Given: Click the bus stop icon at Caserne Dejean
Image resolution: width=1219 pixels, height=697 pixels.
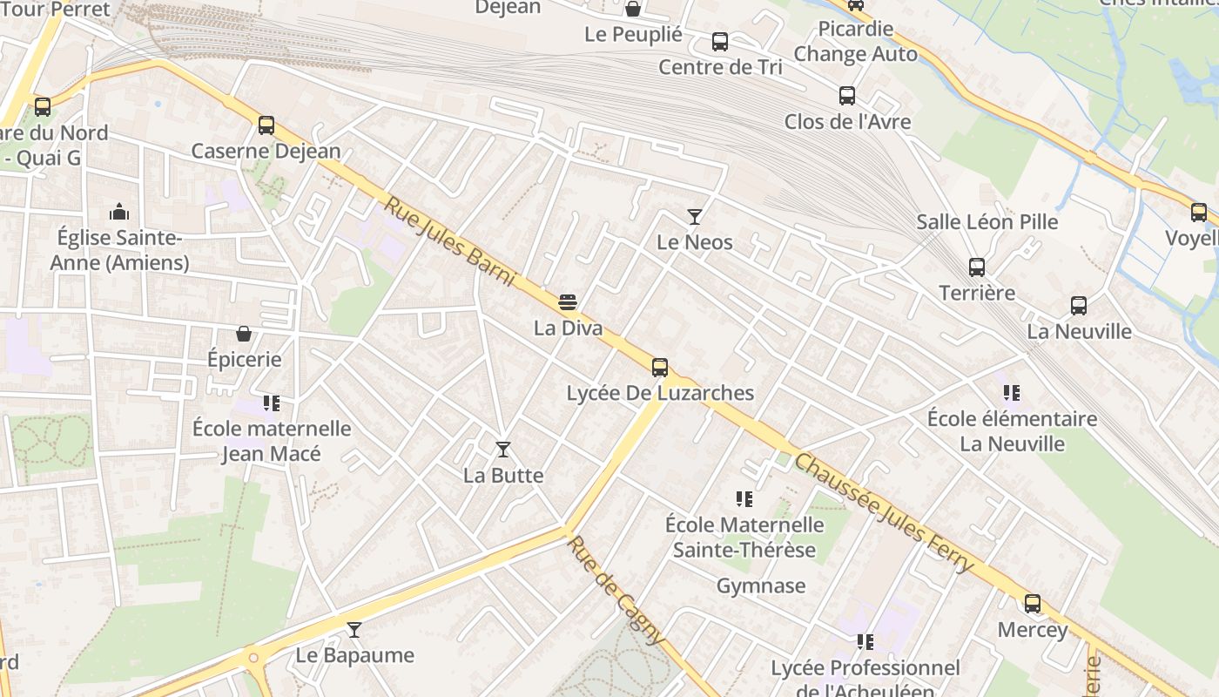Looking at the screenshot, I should coord(266,125).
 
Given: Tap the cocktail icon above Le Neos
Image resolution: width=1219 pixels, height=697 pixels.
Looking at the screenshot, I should coord(694,216).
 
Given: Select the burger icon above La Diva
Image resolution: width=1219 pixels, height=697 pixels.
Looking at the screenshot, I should coord(568,302).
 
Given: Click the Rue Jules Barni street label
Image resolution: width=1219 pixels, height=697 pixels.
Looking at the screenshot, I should coord(450,243).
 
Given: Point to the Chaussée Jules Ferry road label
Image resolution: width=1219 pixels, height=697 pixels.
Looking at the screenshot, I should coord(884,513).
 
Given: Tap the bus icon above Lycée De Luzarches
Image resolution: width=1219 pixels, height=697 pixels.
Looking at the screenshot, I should coord(660,367).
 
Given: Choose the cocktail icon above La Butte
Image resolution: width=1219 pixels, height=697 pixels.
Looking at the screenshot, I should coord(502,450).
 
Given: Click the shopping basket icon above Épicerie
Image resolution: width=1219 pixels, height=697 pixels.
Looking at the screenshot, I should coord(244,334).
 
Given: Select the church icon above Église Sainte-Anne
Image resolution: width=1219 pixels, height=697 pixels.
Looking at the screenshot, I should coord(119,212).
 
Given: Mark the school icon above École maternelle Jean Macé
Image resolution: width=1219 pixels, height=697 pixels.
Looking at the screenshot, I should coord(272,403).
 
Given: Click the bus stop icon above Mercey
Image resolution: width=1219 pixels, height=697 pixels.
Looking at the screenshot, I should coord(1033,603).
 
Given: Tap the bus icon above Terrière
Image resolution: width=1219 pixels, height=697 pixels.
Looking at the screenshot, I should coord(977,267).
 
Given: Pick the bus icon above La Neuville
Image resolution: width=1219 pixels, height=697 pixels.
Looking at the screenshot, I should coord(1079,306).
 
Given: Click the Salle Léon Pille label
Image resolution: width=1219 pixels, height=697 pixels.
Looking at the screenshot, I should coord(987,222).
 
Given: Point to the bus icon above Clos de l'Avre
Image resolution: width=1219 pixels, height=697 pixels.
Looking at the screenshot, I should coord(847,96).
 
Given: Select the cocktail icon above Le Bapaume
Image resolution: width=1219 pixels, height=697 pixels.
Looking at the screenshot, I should coord(354,629).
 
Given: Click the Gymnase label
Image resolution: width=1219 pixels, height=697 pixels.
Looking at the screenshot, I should coord(761,586).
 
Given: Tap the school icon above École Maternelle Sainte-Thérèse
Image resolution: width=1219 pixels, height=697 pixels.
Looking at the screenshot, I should coord(744,499).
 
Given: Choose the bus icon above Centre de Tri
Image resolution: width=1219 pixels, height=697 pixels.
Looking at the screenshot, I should coord(720,41).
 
